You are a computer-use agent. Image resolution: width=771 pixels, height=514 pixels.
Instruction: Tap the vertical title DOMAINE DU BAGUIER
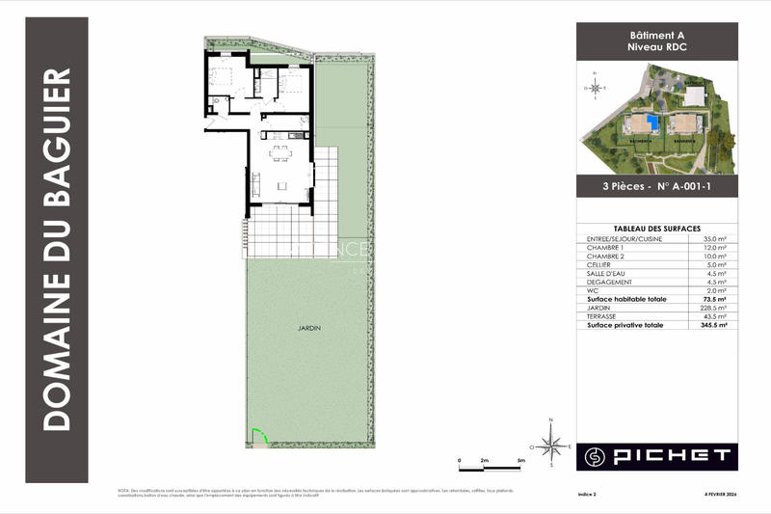coord(59,249)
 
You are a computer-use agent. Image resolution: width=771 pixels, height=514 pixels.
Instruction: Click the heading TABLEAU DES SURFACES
coord(657,228)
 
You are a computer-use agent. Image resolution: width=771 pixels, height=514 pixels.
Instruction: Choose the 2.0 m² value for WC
coord(716,290)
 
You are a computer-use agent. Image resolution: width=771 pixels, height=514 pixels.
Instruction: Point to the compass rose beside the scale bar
coord(551,446)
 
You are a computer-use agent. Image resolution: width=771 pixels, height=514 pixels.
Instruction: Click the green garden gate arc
coord(256,437)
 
